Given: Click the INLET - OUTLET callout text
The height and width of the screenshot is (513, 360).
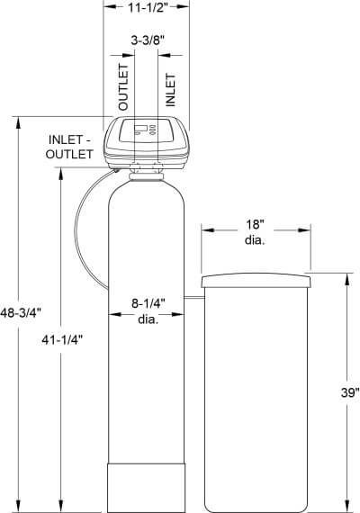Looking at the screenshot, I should pos(71,147).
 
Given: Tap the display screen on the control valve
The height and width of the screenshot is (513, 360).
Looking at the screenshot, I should pos(142,130).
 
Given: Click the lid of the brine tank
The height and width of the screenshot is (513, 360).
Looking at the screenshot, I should pos(255,283).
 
